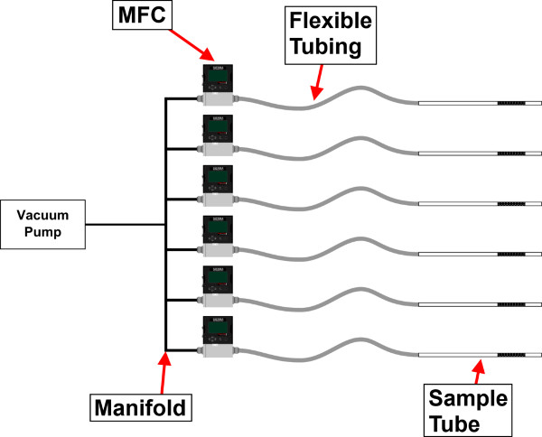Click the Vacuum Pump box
(42, 224)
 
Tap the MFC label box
(142, 14)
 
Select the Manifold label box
(141, 407)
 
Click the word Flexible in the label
(331, 21)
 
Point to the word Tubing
(325, 46)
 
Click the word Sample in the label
(468, 398)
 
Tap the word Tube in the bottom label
(455, 423)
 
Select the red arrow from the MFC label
(192, 45)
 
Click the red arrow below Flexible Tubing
(318, 82)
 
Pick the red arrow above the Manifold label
(164, 372)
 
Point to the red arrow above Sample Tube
(479, 372)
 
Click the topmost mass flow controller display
(218, 76)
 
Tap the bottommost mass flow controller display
(218, 328)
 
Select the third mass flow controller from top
(218, 185)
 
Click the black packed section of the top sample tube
(511, 103)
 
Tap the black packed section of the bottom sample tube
(511, 355)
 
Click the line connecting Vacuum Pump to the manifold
(126, 225)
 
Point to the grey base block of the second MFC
(218, 149)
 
